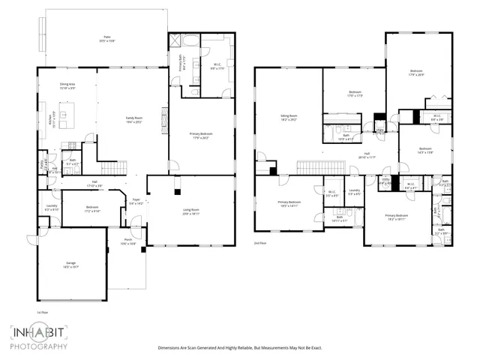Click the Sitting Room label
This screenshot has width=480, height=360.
click(287, 118)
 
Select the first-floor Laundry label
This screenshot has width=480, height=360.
click(52, 208)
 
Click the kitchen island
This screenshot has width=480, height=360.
click(66, 118)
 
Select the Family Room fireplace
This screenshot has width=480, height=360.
click(164, 117)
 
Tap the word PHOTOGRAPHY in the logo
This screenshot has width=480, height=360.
click(39, 346)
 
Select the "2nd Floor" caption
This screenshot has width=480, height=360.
click(260, 244)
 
